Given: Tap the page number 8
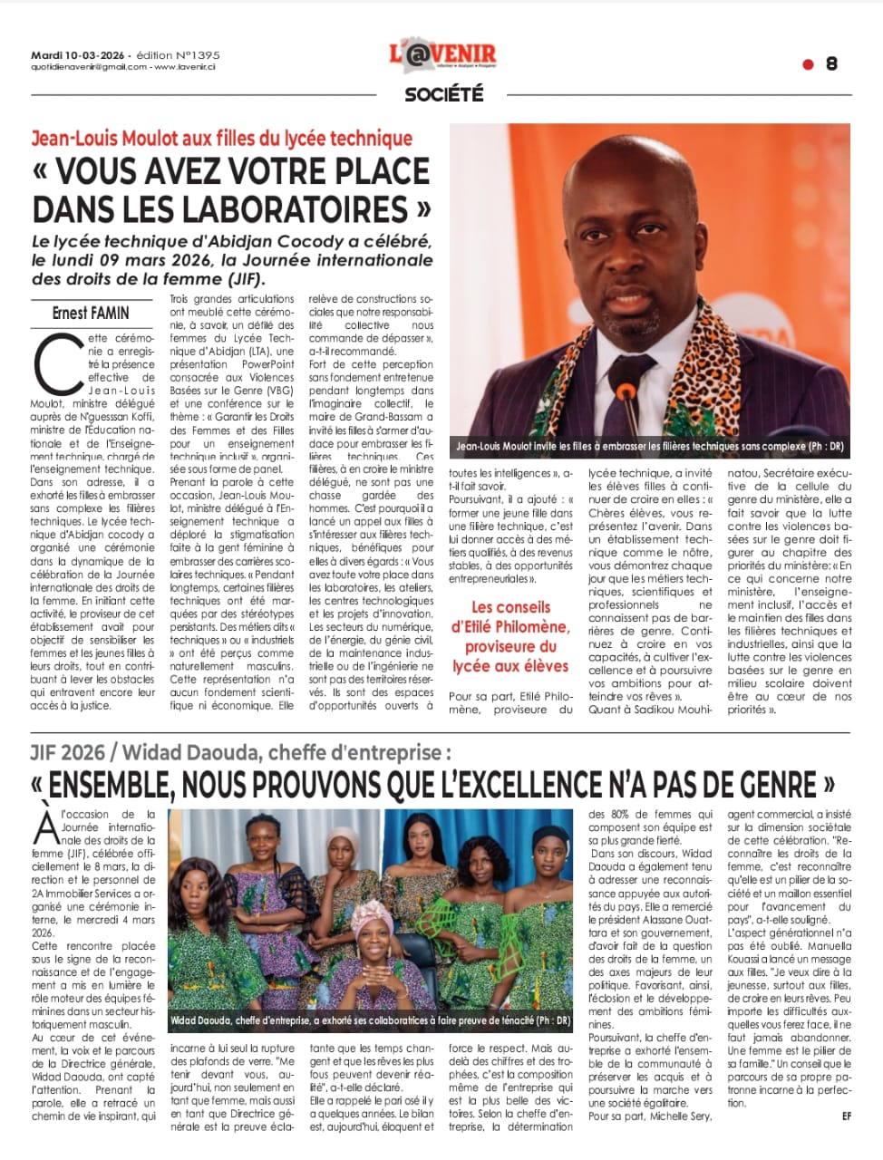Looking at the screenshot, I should (x=831, y=63).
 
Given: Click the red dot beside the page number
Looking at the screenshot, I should (x=808, y=63).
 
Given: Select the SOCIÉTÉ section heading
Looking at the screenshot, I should (x=443, y=93).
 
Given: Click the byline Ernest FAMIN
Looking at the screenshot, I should (x=91, y=314).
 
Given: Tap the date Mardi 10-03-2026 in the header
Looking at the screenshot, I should (x=80, y=54).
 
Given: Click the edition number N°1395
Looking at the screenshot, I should (x=192, y=54).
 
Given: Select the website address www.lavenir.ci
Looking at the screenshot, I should (x=189, y=66).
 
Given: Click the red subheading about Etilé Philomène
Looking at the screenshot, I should (x=510, y=636).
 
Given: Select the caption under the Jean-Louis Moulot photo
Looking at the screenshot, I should (x=649, y=447).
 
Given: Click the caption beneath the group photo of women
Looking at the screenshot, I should (x=370, y=1020).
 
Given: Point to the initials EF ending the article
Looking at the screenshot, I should (x=846, y=1116).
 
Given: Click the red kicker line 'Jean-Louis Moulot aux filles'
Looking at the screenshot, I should (x=222, y=139).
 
